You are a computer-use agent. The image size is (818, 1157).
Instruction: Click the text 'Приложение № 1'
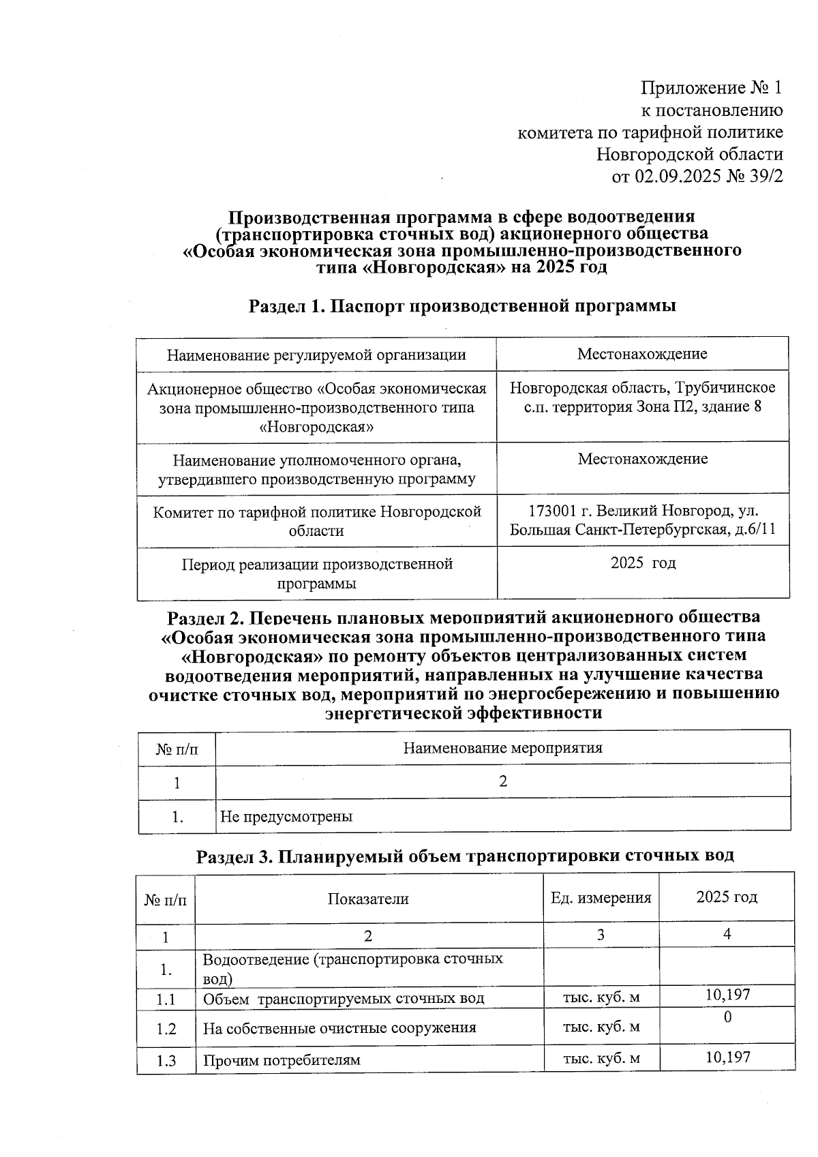point(712,88)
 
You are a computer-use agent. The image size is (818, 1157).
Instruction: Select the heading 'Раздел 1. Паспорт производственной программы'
point(462,306)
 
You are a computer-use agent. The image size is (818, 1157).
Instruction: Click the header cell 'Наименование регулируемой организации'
point(316,355)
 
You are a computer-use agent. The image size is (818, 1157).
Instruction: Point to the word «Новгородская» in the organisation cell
point(317,427)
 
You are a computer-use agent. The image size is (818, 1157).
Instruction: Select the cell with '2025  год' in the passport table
point(643,563)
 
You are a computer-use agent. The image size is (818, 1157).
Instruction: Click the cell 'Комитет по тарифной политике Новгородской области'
point(316,521)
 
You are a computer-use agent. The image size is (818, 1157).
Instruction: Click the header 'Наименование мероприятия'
point(502,748)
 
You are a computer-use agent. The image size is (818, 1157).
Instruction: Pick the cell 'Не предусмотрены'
point(286,816)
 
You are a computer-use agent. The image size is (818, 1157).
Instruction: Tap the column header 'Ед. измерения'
point(601,898)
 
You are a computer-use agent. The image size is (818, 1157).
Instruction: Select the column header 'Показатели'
point(368,899)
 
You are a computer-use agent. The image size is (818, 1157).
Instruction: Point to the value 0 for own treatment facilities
point(727,1017)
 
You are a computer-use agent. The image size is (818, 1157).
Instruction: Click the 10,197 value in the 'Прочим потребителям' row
point(727,1057)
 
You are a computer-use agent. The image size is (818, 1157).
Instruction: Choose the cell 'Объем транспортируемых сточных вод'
point(344,999)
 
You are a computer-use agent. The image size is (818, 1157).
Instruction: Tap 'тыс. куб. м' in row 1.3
point(601,1058)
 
